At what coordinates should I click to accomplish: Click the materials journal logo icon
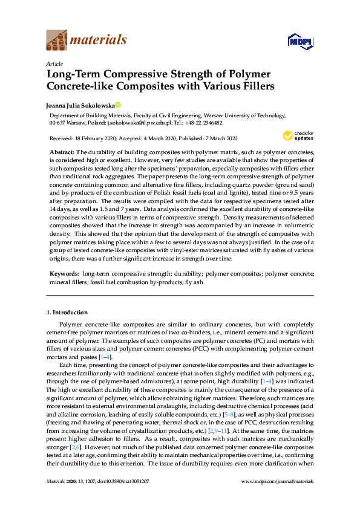tap(56, 41)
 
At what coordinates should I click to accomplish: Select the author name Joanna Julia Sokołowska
tap(80, 104)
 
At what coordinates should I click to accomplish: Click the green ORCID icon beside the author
tap(119, 104)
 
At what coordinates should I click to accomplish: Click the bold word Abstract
tap(61, 152)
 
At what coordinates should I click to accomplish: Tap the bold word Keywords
tap(64, 274)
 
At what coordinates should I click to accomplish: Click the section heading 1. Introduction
tap(67, 313)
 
